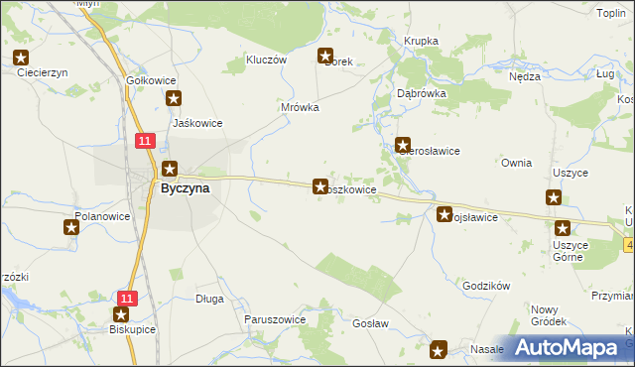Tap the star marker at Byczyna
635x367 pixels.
170,170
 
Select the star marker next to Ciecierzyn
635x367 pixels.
22,58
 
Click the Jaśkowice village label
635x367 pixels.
196,123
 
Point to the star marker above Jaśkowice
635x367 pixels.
175,98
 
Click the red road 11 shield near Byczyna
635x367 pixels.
145,142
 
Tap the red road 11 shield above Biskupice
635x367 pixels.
126,298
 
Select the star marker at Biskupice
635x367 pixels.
121,314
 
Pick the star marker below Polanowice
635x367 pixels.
71,228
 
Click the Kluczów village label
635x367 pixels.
267,60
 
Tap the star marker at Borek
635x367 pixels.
324,57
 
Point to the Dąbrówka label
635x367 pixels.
422,92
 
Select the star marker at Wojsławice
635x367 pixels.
445,213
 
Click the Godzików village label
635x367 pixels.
486,286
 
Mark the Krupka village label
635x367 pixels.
421,41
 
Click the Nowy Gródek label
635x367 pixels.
549,315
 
